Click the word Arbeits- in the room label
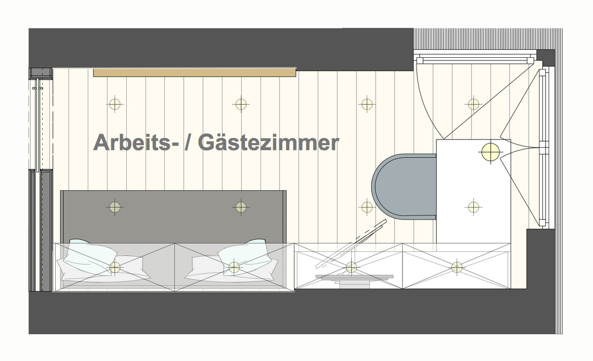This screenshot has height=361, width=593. click(134, 143)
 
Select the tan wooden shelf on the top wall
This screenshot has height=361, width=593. click(195, 72)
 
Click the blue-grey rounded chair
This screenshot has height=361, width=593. click(402, 186)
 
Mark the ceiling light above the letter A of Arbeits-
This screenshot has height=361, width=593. click(115, 104)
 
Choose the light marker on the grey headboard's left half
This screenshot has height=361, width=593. click(115, 206)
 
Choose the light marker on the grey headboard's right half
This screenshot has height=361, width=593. click(241, 206)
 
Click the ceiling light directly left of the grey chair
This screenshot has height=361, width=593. click(367, 206)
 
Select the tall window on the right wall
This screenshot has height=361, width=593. click(543, 147)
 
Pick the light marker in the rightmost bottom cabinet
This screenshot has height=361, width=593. click(457, 266)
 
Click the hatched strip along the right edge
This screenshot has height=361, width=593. click(559, 187)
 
